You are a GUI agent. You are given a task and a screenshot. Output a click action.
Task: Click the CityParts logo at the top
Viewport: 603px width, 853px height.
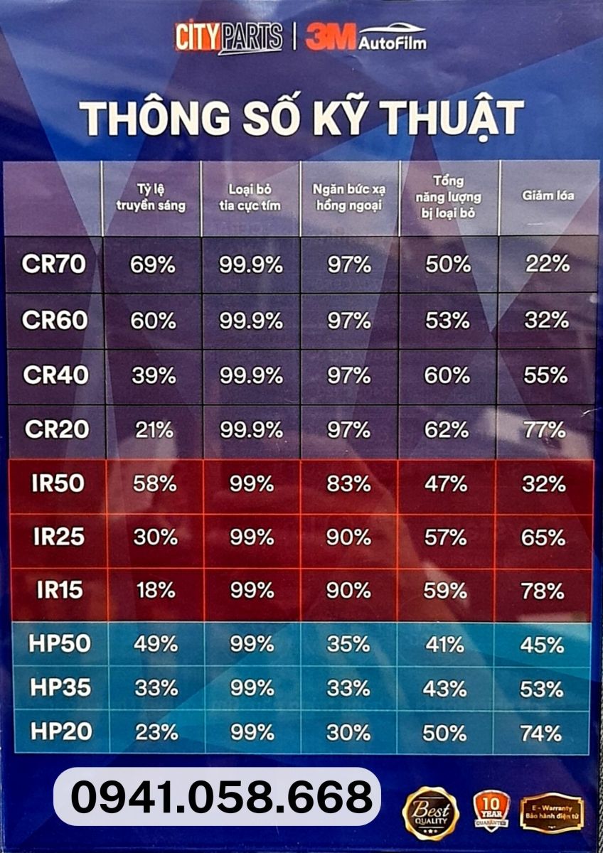pyautogui.click(x=228, y=38)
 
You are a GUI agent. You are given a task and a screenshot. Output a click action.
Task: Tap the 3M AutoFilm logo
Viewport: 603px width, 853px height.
pyautogui.click(x=366, y=38)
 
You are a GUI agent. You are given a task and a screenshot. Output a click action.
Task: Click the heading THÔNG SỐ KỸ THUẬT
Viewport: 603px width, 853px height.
pyautogui.click(x=301, y=117)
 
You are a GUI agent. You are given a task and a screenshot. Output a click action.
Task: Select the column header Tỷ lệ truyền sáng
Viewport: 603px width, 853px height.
pyautogui.click(x=151, y=198)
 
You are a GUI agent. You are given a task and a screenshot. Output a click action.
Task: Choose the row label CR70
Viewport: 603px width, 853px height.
pyautogui.click(x=54, y=264)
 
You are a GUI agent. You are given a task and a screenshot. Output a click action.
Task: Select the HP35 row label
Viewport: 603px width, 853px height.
pyautogui.click(x=60, y=688)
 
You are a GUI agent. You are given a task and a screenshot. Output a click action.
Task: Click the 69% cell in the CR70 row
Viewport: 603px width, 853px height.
pyautogui.click(x=152, y=265)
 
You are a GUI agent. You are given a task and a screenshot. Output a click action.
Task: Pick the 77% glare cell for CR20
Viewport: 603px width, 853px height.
pyautogui.click(x=544, y=430)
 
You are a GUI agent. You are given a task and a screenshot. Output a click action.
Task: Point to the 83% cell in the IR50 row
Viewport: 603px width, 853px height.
pyautogui.click(x=348, y=484)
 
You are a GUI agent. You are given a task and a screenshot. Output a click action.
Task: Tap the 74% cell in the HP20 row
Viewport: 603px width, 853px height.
pyautogui.click(x=542, y=733)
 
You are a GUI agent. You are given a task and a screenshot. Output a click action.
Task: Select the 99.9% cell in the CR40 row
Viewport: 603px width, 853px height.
pyautogui.click(x=251, y=375)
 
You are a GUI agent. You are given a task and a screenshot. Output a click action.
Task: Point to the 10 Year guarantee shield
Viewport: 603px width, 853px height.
pyautogui.click(x=491, y=810)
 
